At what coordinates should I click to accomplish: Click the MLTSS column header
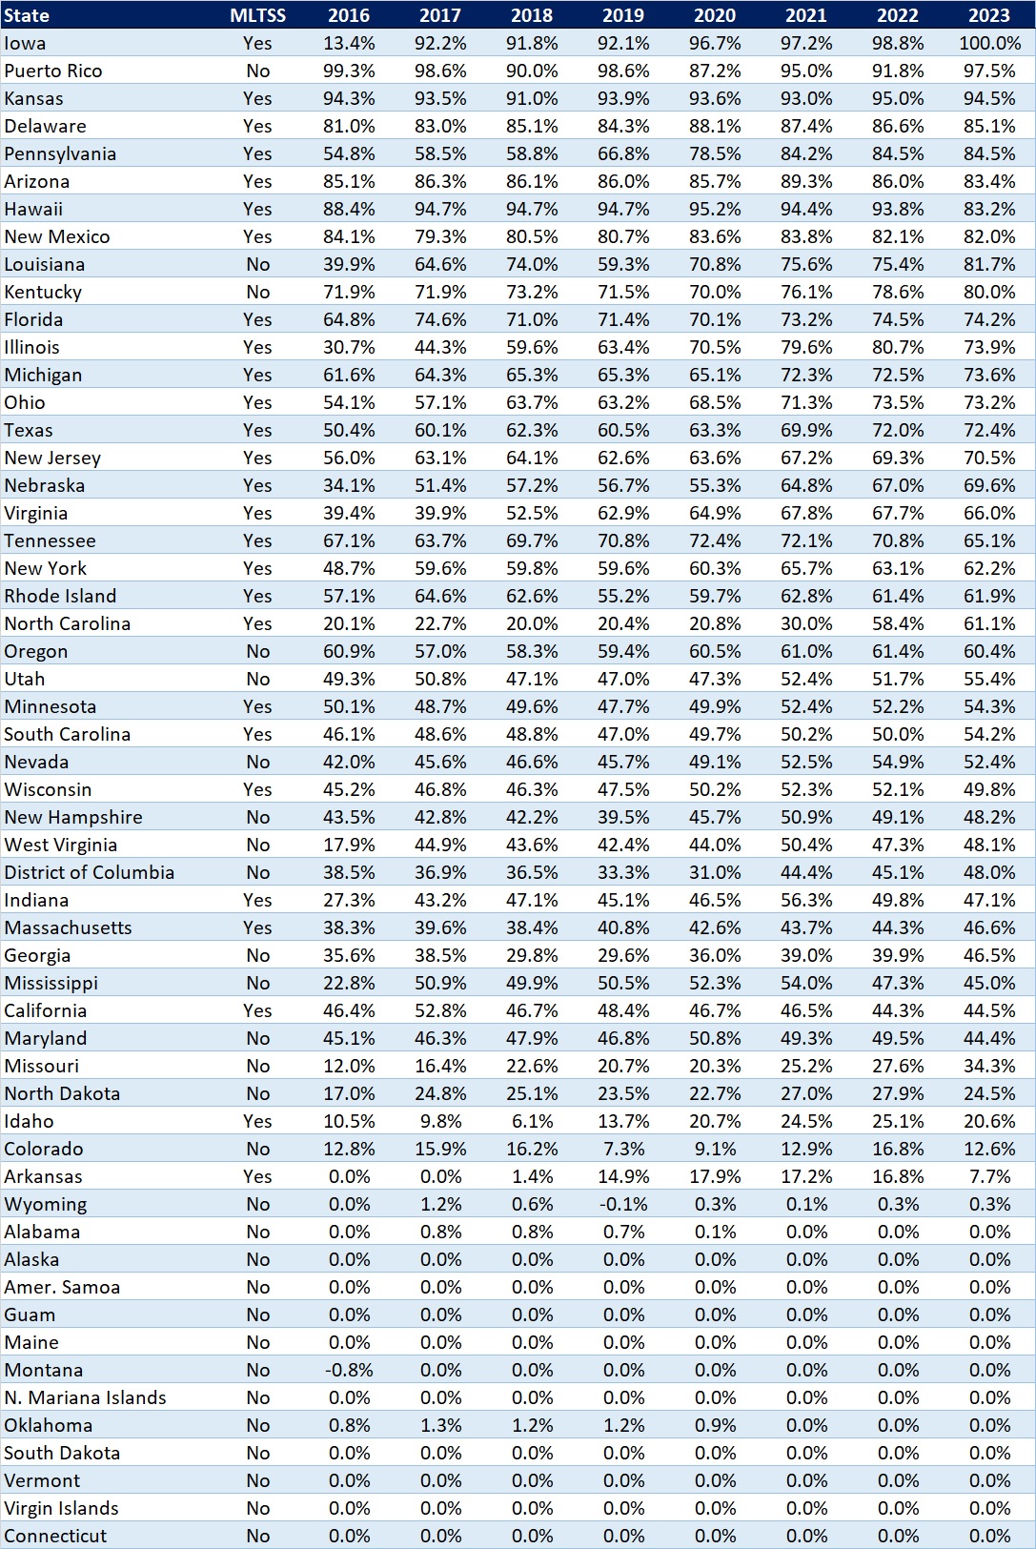click(x=257, y=15)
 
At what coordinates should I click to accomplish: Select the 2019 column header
click(x=623, y=15)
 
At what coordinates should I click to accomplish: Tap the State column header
click(x=27, y=15)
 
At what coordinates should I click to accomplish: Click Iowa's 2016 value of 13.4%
click(x=349, y=43)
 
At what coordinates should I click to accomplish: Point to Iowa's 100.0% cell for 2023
click(x=989, y=43)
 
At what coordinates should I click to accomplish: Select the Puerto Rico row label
click(x=52, y=71)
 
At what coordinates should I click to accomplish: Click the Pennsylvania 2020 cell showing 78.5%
click(x=715, y=153)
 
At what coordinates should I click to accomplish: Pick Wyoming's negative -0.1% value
click(x=623, y=1204)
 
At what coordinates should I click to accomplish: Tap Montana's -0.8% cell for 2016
click(x=349, y=1370)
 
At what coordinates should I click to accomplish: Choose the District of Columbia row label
click(x=90, y=872)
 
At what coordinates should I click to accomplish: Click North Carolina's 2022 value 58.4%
click(x=898, y=623)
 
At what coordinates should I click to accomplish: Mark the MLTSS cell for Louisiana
click(x=257, y=264)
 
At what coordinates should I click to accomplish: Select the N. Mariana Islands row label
click(x=85, y=1397)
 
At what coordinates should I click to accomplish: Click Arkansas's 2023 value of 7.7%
click(x=989, y=1176)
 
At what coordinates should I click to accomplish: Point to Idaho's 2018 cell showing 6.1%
click(x=532, y=1121)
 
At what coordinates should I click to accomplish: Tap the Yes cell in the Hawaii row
click(x=257, y=209)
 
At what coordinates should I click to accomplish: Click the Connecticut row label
click(x=55, y=1536)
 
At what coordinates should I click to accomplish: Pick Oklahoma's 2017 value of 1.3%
click(x=440, y=1425)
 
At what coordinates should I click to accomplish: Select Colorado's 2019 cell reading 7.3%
click(x=623, y=1149)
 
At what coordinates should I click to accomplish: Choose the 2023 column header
click(x=989, y=15)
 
